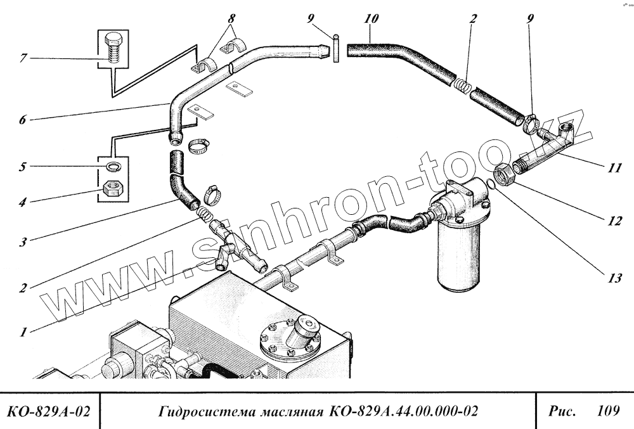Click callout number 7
coord(23,59)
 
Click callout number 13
coord(614,278)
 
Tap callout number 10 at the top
coord(372,19)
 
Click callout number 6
coord(23,119)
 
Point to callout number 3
coord(23,241)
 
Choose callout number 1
coord(23,331)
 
